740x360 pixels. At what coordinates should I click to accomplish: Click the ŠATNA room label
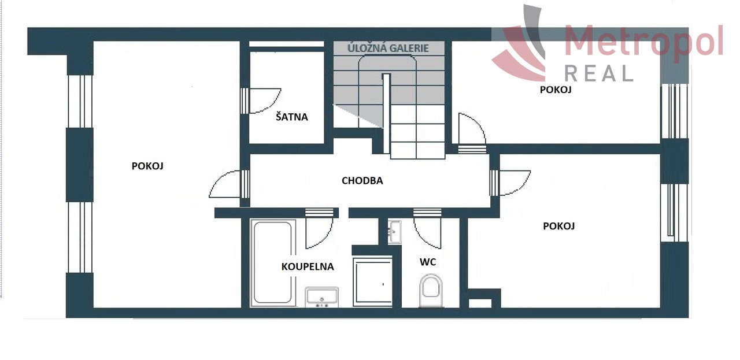292,117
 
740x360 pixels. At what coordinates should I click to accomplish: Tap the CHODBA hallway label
362,181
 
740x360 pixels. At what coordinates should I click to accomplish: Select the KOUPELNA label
308,266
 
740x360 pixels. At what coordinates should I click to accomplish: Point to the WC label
428,262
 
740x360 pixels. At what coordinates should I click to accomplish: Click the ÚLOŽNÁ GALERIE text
388,48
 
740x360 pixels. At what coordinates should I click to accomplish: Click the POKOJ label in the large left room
147,166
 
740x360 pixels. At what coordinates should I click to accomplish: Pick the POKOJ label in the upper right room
556,90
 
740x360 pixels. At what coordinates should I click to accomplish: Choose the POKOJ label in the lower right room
559,226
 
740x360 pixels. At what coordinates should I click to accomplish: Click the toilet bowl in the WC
431,290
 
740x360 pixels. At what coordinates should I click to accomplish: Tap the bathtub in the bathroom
273,262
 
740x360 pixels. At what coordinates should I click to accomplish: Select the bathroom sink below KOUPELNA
322,297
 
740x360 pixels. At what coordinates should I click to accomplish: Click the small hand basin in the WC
394,232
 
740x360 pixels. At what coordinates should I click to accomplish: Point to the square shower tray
373,283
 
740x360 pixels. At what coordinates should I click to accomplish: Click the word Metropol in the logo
644,40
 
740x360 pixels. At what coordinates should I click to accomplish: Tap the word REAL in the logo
598,73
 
